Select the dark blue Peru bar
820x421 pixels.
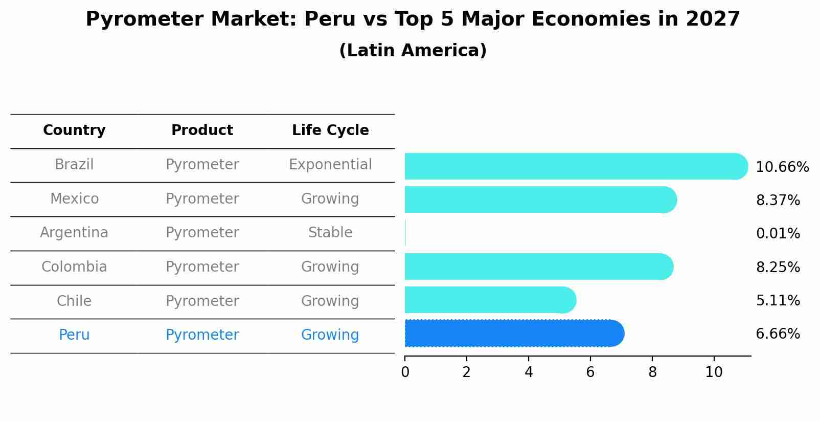click(x=514, y=333)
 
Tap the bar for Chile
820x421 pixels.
click(x=490, y=300)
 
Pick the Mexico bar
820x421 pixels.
click(x=540, y=200)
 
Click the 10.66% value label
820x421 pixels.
click(x=782, y=167)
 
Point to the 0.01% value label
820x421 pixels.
click(x=778, y=234)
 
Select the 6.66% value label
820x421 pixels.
click(x=778, y=334)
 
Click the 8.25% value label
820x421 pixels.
click(x=778, y=268)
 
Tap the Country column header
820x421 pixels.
click(x=74, y=130)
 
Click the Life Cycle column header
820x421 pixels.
click(x=330, y=130)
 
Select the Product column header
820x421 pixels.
click(x=202, y=130)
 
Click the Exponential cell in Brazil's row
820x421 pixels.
click(x=330, y=165)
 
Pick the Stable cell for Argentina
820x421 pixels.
click(x=330, y=233)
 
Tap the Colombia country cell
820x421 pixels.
click(x=74, y=267)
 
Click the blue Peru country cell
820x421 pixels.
click(x=74, y=335)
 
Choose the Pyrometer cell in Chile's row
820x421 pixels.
click(x=202, y=301)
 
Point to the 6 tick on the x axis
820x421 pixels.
click(x=590, y=372)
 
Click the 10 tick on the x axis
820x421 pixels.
click(x=714, y=372)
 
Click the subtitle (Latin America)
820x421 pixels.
click(x=413, y=51)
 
